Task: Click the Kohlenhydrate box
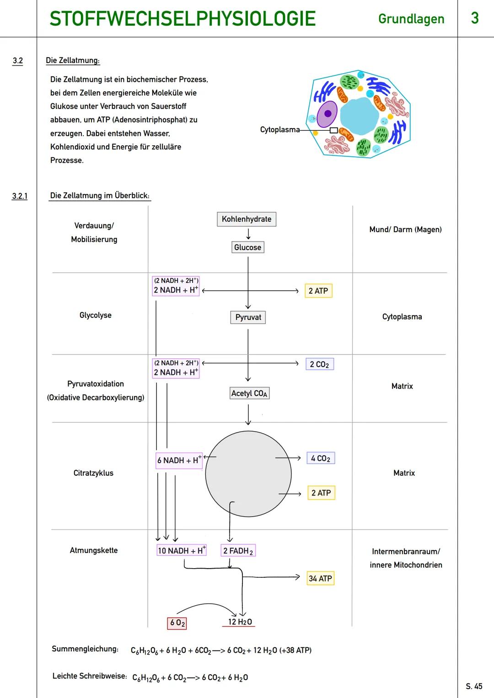(246, 219)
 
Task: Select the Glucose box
(247, 247)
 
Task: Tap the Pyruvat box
(248, 317)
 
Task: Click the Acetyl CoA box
(249, 393)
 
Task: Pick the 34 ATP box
(320, 578)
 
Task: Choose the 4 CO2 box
(321, 458)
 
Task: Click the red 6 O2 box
(177, 623)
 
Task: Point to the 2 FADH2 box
(238, 551)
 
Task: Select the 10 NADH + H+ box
(182, 550)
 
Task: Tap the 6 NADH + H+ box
(179, 460)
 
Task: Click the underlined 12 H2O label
(240, 622)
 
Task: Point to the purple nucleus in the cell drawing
(327, 114)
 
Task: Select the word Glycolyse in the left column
(95, 315)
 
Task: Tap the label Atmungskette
(93, 550)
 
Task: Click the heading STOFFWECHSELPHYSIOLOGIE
(183, 19)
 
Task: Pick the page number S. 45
(474, 686)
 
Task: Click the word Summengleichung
(85, 649)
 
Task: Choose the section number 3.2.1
(20, 196)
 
